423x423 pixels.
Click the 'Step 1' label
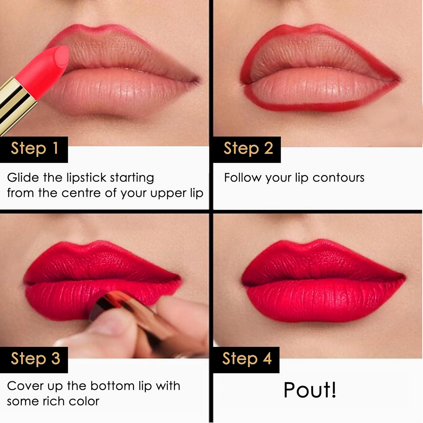tap(35, 149)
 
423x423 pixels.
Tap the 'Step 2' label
tap(248, 149)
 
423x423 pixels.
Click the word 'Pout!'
tap(310, 390)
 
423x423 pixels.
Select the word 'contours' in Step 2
tap(338, 178)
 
